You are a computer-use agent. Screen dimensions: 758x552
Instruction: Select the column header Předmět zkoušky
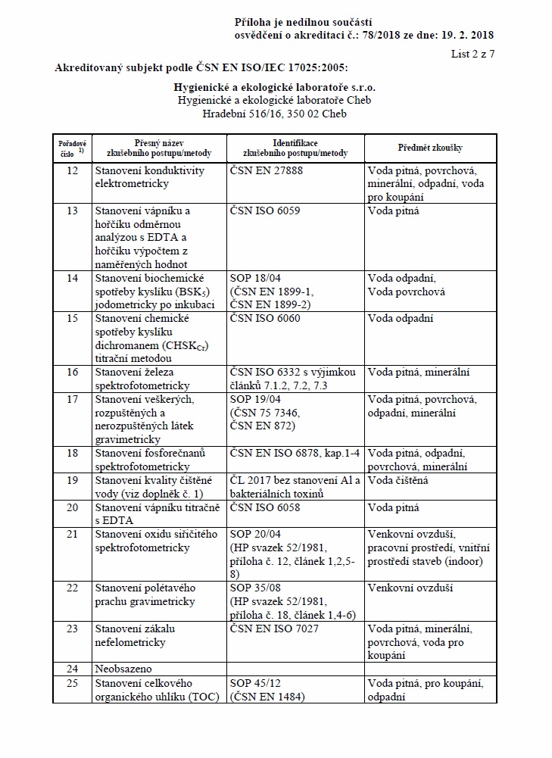[430, 148]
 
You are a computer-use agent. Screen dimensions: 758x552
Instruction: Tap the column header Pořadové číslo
[72, 148]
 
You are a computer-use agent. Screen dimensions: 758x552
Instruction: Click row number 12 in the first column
[73, 171]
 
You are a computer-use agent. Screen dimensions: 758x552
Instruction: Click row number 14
[73, 279]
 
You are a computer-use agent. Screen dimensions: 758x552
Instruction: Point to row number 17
[73, 399]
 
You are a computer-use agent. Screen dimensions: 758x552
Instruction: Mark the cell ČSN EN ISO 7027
[273, 629]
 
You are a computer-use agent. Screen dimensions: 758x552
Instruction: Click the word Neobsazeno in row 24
[123, 669]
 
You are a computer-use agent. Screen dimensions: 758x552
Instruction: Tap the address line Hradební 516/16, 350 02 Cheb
[276, 114]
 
